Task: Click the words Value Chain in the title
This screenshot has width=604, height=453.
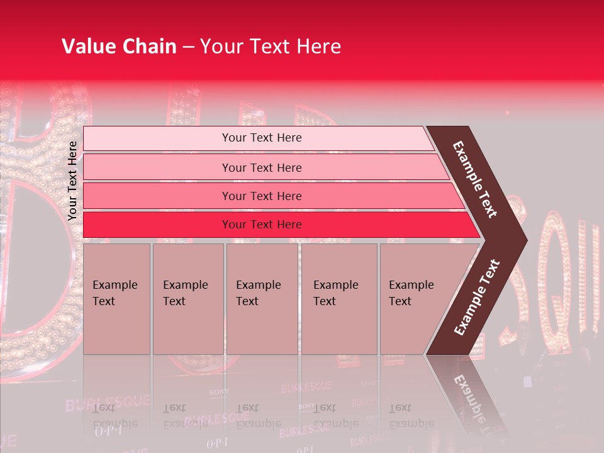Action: tap(119, 47)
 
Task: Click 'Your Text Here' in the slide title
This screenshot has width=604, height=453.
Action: tap(271, 47)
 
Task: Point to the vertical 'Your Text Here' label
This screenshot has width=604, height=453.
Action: tap(72, 181)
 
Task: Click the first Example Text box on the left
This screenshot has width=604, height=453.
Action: tap(116, 298)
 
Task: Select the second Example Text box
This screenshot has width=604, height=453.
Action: tap(187, 298)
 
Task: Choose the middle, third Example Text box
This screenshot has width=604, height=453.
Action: tap(261, 298)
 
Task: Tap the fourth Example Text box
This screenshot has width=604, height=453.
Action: tap(338, 298)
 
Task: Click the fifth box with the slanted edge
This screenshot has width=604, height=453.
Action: tap(415, 298)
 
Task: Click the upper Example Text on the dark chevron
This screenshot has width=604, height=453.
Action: tap(476, 179)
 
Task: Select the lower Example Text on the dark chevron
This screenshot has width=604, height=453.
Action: tap(476, 298)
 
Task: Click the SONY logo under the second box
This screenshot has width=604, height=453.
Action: tap(218, 393)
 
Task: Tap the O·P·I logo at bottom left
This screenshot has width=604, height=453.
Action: tap(108, 432)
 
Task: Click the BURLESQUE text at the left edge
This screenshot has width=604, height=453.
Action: tap(107, 401)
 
